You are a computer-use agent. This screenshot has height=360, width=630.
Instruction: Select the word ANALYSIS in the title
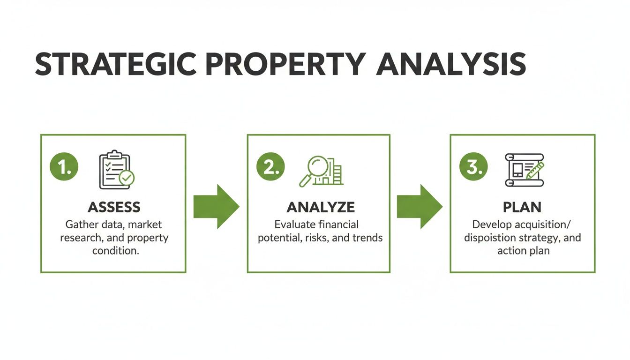450,64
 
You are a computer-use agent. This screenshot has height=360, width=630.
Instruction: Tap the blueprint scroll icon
524,169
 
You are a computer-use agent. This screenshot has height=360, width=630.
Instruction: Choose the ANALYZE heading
321,207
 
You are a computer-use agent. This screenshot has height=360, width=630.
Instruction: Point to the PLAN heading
523,207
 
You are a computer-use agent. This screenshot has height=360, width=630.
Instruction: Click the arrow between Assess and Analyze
216,206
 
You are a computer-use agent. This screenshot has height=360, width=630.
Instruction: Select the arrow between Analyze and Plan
419,206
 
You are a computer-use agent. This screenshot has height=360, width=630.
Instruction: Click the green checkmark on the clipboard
126,178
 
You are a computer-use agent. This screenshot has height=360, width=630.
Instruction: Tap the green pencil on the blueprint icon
534,170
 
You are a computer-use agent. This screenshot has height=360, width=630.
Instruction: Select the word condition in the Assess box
116,251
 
